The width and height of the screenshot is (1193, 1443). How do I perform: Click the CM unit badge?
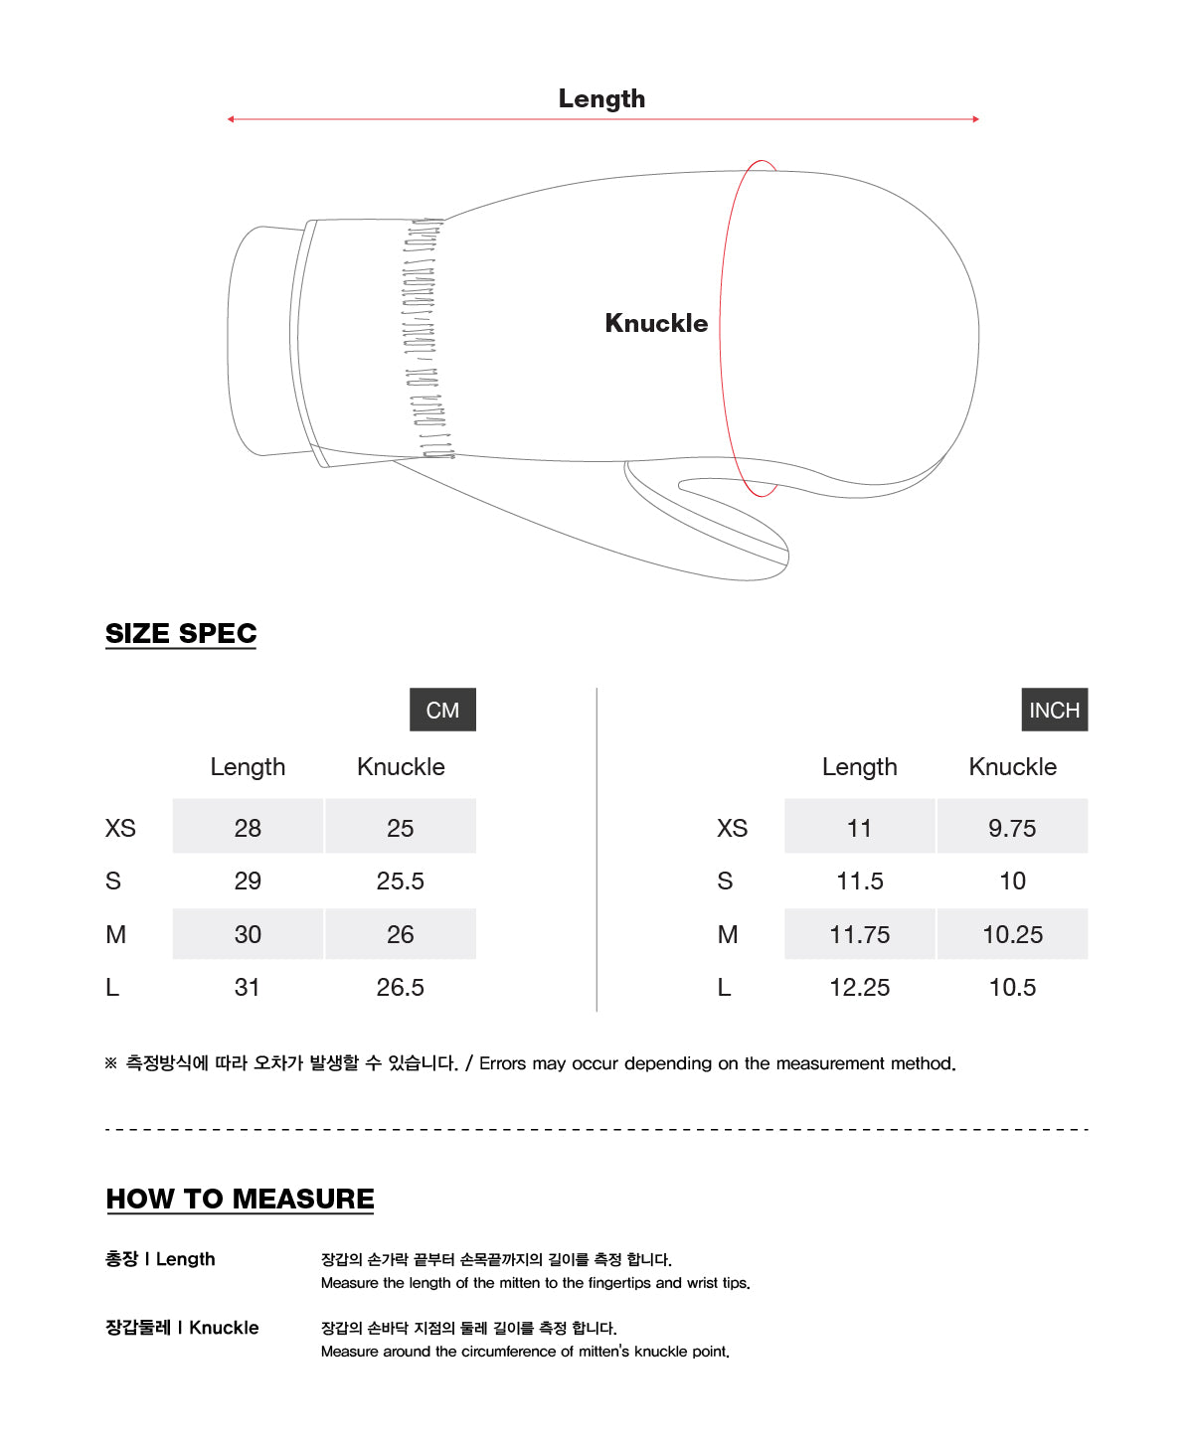click(x=442, y=710)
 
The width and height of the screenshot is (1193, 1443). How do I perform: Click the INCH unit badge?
click(x=1054, y=710)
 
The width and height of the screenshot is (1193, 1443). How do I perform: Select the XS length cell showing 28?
click(x=248, y=827)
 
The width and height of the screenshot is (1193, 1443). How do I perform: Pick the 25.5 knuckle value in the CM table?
click(x=400, y=881)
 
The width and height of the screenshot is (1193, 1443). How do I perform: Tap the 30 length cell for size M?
click(x=248, y=934)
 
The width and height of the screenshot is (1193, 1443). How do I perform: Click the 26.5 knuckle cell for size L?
click(x=400, y=987)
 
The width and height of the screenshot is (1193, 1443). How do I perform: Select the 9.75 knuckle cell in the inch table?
click(x=1012, y=827)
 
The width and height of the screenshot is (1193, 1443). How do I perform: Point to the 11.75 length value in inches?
click(x=859, y=934)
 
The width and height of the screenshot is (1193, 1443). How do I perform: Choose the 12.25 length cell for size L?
click(x=859, y=987)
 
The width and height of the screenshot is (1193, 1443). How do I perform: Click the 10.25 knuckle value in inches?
click(x=1012, y=934)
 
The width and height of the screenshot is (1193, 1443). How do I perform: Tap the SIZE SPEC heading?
click(x=181, y=633)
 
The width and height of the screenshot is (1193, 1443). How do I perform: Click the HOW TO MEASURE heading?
click(x=240, y=1199)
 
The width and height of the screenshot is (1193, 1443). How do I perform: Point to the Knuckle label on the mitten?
click(x=656, y=323)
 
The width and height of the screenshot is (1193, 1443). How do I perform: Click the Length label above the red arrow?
click(x=601, y=98)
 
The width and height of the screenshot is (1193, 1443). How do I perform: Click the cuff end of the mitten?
click(x=260, y=341)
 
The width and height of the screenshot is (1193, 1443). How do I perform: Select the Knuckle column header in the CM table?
click(x=401, y=766)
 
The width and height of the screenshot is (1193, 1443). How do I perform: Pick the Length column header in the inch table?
click(x=859, y=766)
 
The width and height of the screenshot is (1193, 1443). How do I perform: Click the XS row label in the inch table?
click(x=732, y=828)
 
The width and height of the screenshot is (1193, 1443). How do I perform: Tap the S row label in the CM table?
click(x=113, y=881)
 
